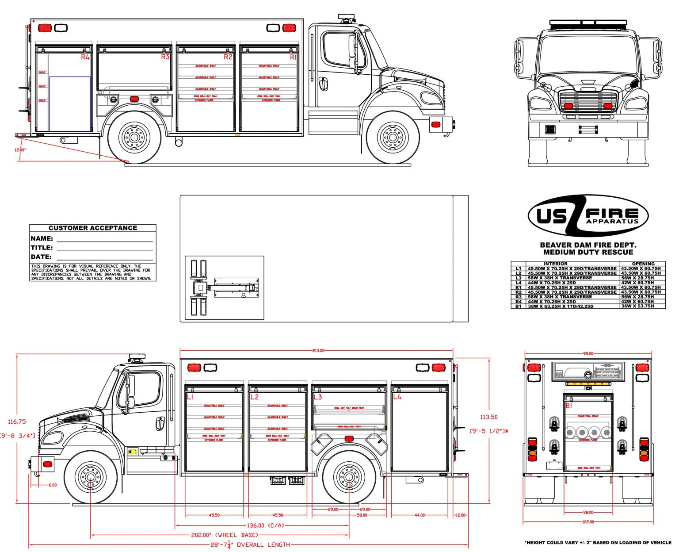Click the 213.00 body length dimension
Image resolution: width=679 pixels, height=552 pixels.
318,350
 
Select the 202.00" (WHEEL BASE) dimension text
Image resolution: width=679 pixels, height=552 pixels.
225,535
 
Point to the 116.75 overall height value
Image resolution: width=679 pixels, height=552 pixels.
17,422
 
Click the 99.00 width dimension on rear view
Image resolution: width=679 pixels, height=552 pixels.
588,353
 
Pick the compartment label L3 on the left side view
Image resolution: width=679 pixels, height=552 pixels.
318,397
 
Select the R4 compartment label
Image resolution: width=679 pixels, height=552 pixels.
85,57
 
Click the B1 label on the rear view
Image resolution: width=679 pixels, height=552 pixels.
569,405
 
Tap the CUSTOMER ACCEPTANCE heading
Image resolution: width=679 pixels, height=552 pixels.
93,228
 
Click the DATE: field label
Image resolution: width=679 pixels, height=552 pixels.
41,257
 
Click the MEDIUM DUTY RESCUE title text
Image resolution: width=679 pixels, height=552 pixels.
588,252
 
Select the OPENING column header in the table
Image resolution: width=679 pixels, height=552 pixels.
643,264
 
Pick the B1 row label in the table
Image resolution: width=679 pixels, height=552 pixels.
518,306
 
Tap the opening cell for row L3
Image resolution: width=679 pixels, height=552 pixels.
643,278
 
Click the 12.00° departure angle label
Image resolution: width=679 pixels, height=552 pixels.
20,149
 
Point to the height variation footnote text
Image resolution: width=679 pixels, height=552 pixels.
597,542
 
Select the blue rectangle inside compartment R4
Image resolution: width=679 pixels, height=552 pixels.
70,104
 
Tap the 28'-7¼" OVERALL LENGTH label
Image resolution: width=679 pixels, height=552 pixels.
250,544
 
